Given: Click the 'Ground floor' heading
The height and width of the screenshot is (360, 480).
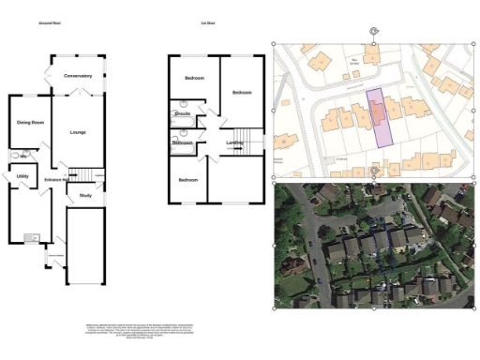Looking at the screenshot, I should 52,22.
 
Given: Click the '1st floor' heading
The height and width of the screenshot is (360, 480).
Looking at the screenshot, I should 207,22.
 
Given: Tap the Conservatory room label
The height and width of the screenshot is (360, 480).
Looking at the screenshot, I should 78,76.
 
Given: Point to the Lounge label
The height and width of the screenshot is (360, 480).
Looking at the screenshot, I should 78,132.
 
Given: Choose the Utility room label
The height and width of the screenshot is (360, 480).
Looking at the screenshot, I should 23,176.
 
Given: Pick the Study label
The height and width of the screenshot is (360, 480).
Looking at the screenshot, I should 85,195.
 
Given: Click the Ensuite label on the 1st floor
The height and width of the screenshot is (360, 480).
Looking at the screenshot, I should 183,114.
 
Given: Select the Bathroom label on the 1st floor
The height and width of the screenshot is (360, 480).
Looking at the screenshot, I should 183,142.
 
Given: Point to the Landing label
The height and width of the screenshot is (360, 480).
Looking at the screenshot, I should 235,142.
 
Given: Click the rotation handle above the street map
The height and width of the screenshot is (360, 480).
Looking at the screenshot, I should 374,31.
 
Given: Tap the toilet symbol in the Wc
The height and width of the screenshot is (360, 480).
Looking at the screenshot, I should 14,153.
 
